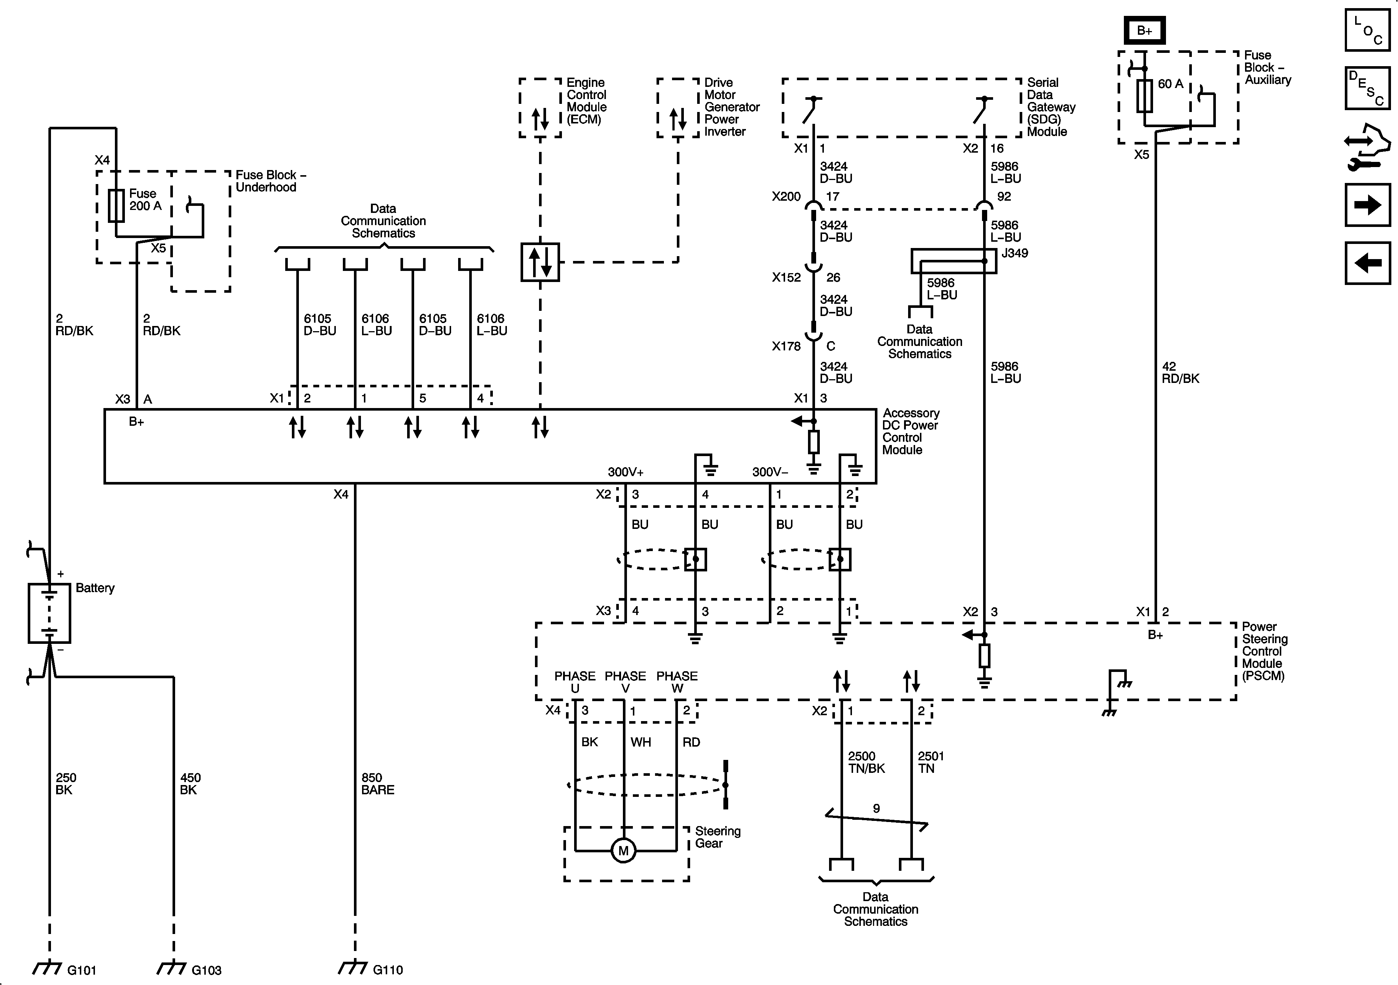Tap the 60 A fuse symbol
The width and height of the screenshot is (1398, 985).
[x=1145, y=96]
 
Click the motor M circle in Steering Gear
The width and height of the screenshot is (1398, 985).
[x=624, y=850]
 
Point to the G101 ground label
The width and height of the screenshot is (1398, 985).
[x=82, y=970]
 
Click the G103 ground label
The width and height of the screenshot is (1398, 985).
[x=207, y=970]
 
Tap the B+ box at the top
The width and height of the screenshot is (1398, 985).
[x=1145, y=30]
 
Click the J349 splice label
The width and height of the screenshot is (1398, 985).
[x=1015, y=253]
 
